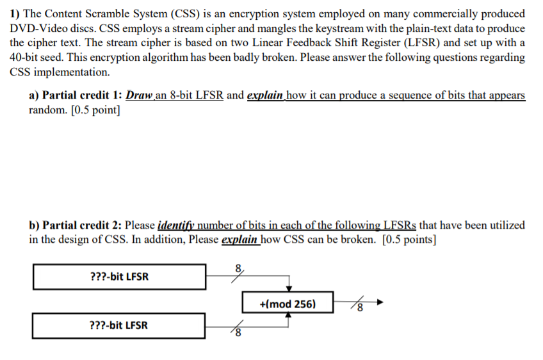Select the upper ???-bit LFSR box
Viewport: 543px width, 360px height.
[x=120, y=277]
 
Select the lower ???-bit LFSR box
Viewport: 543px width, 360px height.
[x=120, y=325]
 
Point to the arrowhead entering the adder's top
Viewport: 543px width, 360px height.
[x=289, y=288]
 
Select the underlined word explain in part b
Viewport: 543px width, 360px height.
[x=239, y=240]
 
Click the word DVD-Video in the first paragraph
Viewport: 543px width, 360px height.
[x=36, y=29]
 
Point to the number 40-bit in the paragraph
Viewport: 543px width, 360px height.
[x=26, y=57]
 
